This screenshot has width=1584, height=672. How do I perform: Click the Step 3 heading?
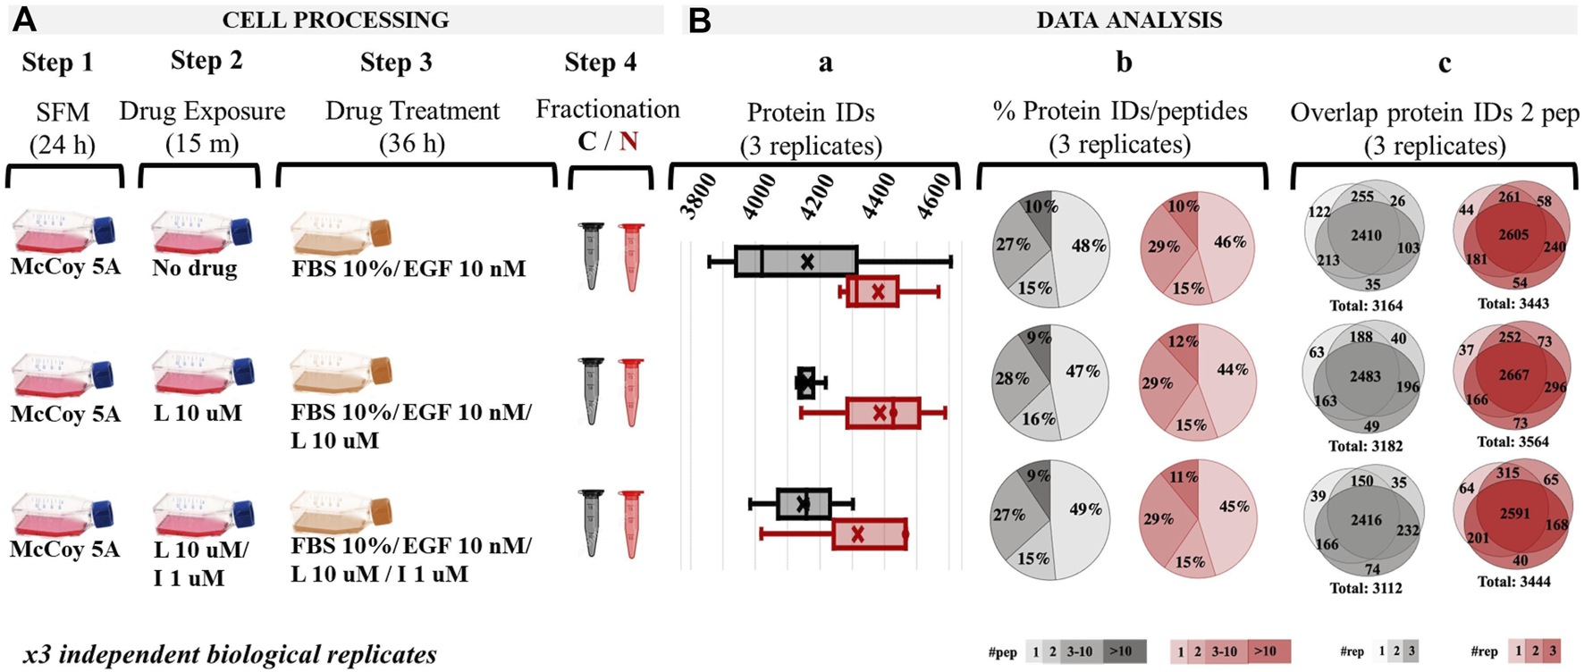point(396,63)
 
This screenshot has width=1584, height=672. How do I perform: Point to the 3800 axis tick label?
point(699,196)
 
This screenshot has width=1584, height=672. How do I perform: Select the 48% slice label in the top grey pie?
point(1088,246)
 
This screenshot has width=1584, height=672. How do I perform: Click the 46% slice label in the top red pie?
point(1230,242)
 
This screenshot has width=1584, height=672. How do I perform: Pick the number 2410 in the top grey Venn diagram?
point(1366,236)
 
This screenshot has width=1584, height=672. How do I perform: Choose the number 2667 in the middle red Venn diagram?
point(1514,375)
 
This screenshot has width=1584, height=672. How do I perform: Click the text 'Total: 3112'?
point(1366,588)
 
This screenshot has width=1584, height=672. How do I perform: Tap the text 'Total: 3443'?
point(1513,304)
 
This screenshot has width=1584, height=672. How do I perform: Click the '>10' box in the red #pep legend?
point(1265,651)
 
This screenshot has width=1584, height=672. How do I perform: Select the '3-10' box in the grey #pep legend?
point(1079,651)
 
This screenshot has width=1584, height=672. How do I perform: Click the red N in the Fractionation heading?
point(628,141)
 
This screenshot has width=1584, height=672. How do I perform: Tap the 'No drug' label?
point(195,268)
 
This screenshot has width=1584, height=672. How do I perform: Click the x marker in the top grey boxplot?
point(807,262)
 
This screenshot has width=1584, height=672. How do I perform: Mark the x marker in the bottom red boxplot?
point(857,533)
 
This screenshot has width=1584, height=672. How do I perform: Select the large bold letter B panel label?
point(699,20)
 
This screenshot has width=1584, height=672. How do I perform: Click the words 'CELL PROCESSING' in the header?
point(335,20)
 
